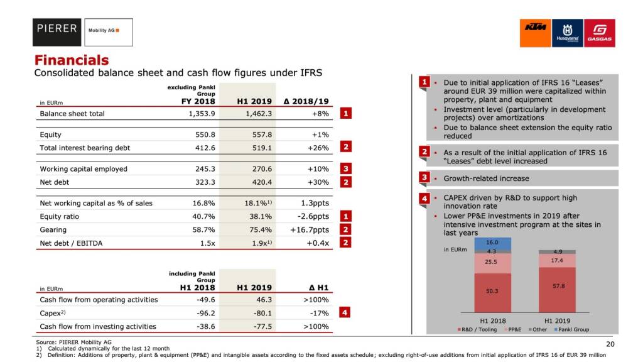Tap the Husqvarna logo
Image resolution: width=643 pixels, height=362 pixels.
pos(567,33)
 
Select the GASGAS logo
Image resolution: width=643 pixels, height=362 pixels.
pos(599,33)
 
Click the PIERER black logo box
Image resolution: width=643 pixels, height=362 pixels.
pos(57,32)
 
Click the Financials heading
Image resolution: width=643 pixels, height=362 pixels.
pos(72,60)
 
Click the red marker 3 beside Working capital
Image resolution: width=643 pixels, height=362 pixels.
pos(346,168)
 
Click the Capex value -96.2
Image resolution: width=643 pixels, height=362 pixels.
pos(202,313)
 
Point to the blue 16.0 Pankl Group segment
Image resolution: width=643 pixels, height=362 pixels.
pos(492,243)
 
